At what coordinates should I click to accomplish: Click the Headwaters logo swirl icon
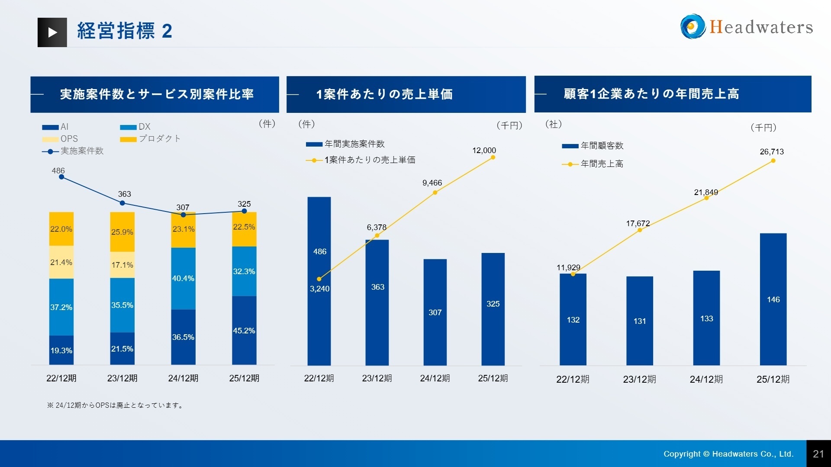[x=692, y=26]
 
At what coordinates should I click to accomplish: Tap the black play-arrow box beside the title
[x=52, y=32]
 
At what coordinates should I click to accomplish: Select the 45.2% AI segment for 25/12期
[x=244, y=330]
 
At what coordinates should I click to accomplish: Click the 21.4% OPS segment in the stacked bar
[x=61, y=262]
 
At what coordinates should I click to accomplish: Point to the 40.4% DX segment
[x=183, y=278]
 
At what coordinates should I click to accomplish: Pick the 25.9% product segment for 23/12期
[x=122, y=232]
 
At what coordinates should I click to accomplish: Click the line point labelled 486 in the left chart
[x=61, y=177]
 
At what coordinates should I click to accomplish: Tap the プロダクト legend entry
[x=151, y=139]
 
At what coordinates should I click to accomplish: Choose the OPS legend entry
[x=61, y=139]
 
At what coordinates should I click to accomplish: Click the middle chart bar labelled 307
[x=435, y=312]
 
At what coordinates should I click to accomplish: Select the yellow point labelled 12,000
[x=493, y=157]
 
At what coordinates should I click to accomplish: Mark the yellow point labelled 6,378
[x=377, y=236]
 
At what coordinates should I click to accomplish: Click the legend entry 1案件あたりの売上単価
[x=361, y=160]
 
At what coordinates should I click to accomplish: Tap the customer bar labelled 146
[x=773, y=299]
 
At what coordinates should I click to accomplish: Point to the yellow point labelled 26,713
[x=773, y=161]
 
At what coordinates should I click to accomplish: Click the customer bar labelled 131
[x=640, y=321]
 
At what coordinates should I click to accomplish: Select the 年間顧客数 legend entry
[x=593, y=146]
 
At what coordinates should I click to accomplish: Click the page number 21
[x=818, y=454]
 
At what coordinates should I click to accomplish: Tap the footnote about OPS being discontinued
[x=115, y=405]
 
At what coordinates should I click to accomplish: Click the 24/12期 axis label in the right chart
[x=706, y=379]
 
